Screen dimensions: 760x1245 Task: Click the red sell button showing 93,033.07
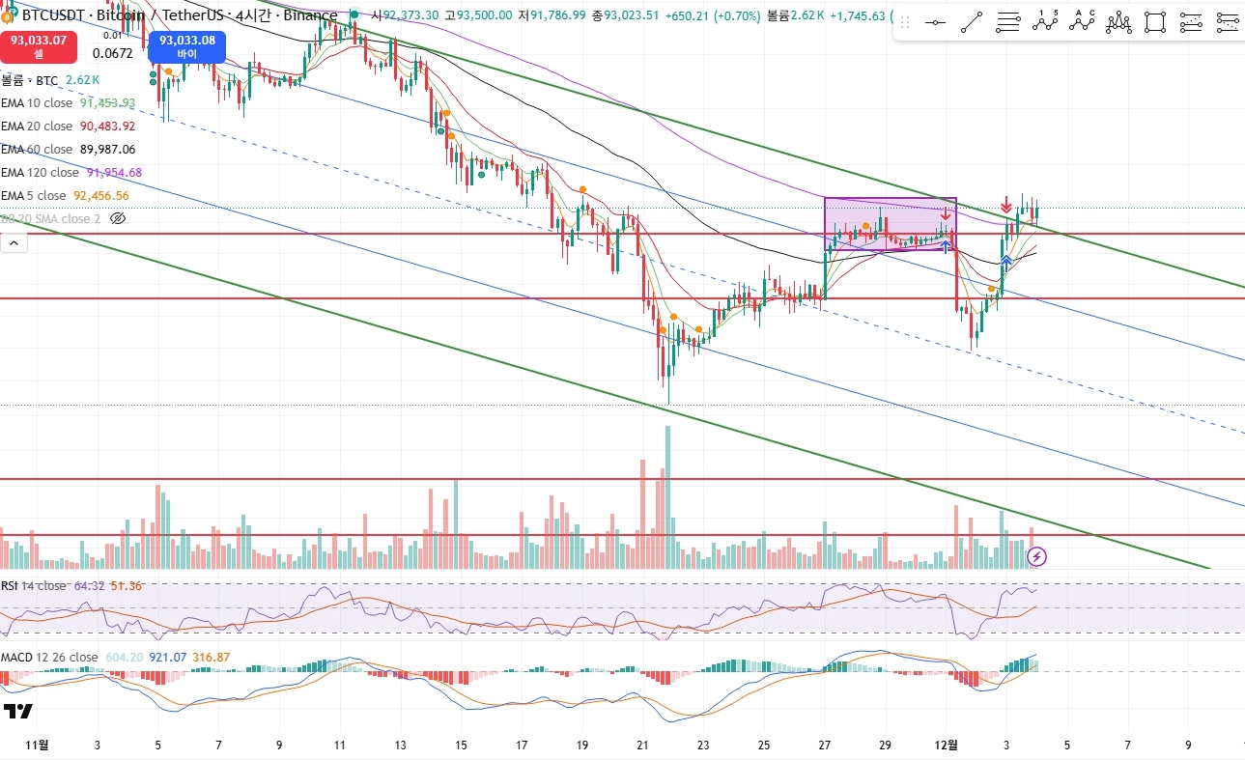point(39,46)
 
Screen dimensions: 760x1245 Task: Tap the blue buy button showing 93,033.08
point(187,46)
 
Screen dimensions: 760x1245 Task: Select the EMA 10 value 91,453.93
point(107,102)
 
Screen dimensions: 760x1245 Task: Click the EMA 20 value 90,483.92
point(107,126)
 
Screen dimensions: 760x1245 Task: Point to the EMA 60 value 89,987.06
point(107,149)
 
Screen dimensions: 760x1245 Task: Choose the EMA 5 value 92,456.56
point(101,195)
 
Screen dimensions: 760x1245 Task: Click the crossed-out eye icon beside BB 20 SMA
point(118,218)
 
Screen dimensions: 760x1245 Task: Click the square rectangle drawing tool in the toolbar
point(1154,22)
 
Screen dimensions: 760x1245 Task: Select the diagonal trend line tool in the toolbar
point(972,22)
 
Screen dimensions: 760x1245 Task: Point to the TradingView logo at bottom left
point(18,713)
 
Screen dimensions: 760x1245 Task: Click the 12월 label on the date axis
point(948,745)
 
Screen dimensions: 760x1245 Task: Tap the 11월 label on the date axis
point(36,745)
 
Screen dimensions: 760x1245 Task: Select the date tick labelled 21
point(643,745)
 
